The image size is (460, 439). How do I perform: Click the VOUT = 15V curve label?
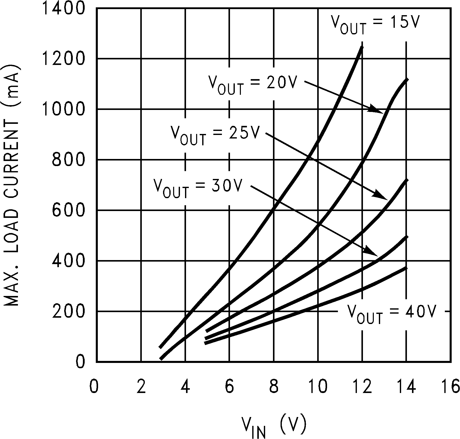376,24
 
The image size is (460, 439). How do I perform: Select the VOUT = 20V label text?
252,85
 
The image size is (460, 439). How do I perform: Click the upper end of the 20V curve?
406,80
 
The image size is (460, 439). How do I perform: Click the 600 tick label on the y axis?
68,210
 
